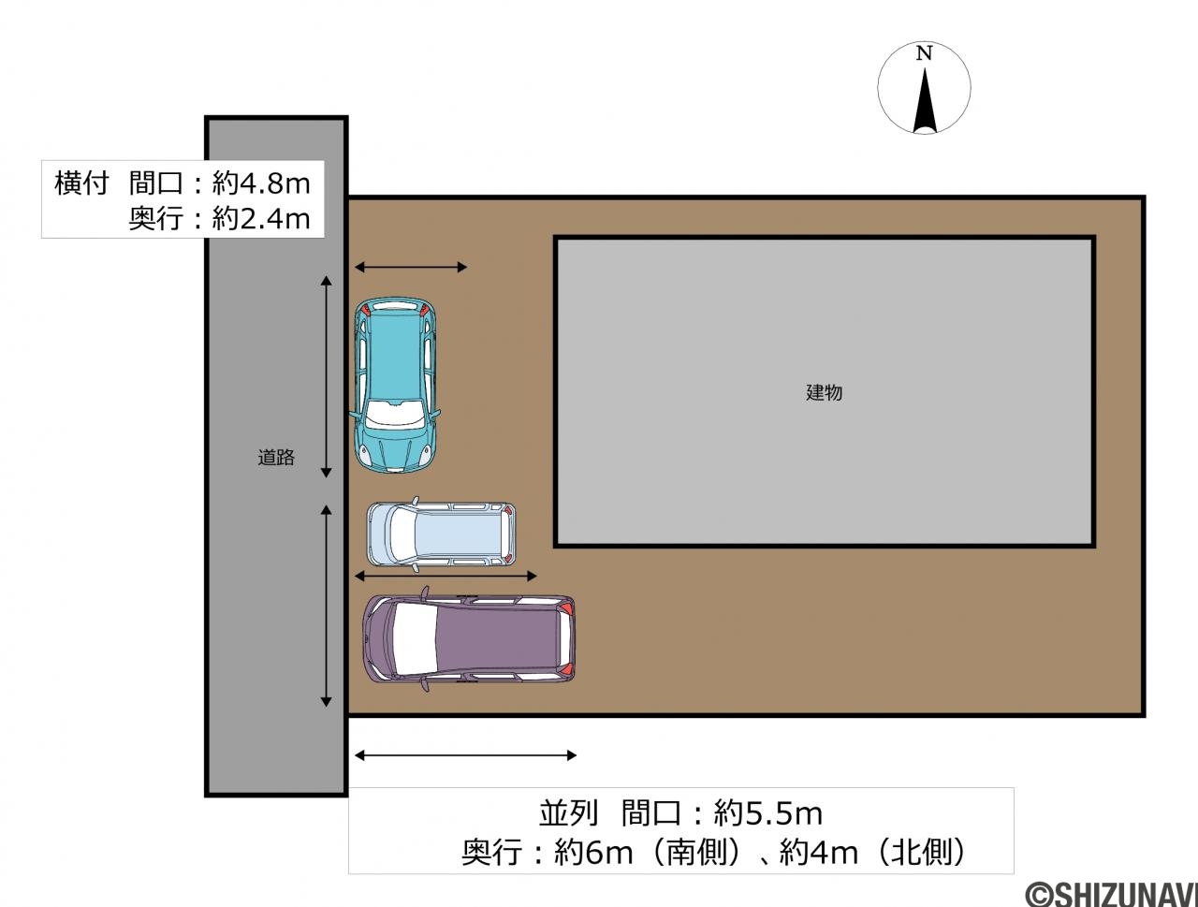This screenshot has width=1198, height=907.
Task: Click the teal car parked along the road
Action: click(395, 385)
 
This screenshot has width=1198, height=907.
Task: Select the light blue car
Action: click(441, 534)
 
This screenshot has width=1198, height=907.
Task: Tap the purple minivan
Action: click(469, 638)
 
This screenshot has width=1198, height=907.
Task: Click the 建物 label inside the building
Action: click(825, 392)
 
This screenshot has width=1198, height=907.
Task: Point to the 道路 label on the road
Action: click(276, 457)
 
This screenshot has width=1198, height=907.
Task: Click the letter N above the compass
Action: click(924, 53)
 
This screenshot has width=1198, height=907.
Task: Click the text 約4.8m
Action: click(261, 183)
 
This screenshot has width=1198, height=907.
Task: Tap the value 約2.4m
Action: click(261, 218)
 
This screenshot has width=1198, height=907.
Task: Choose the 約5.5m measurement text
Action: click(767, 813)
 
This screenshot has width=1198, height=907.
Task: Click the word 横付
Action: click(81, 183)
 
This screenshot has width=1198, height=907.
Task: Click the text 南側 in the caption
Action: click(696, 853)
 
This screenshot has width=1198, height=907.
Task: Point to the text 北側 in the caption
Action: click(922, 853)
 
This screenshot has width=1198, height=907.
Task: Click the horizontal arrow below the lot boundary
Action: click(465, 755)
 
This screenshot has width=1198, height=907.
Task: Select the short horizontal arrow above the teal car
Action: click(411, 267)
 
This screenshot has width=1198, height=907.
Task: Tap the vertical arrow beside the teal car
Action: click(327, 376)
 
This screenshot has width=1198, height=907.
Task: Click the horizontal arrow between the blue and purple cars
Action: click(446, 576)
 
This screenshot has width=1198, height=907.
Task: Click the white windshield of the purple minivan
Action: click(415, 638)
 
